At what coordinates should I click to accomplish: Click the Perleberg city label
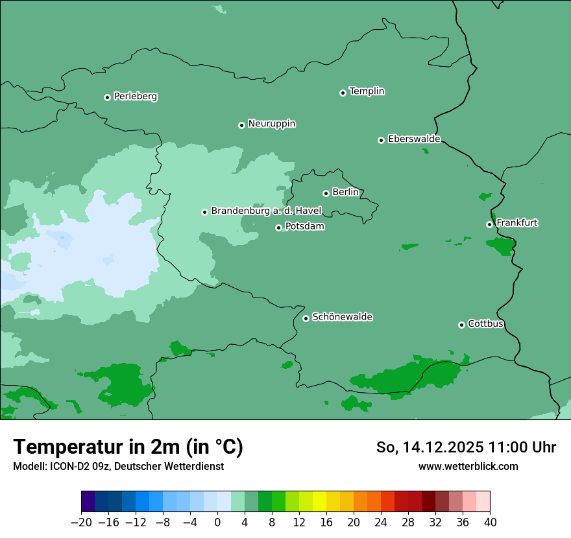[135, 97]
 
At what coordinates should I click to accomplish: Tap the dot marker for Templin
[343, 93]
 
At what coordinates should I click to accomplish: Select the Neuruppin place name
[271, 124]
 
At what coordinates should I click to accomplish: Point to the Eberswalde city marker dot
[381, 140]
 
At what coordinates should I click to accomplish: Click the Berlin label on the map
[345, 193]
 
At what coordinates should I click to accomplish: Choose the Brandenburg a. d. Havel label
[266, 211]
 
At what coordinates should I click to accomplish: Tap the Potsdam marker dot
[278, 228]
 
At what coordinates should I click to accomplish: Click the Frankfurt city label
[516, 223]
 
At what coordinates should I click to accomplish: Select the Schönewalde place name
[342, 317]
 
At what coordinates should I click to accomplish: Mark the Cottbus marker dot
[461, 325]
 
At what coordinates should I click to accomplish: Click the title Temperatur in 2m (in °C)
[128, 447]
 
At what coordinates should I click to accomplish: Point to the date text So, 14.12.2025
[430, 447]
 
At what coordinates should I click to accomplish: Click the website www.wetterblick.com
[468, 466]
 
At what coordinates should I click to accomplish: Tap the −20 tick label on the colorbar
[81, 522]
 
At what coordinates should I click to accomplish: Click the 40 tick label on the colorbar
[490, 522]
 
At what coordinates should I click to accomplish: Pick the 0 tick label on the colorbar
[217, 522]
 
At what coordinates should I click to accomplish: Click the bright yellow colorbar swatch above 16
[319, 502]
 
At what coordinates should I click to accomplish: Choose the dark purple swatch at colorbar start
[88, 502]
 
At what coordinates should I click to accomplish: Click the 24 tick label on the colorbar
[381, 522]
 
